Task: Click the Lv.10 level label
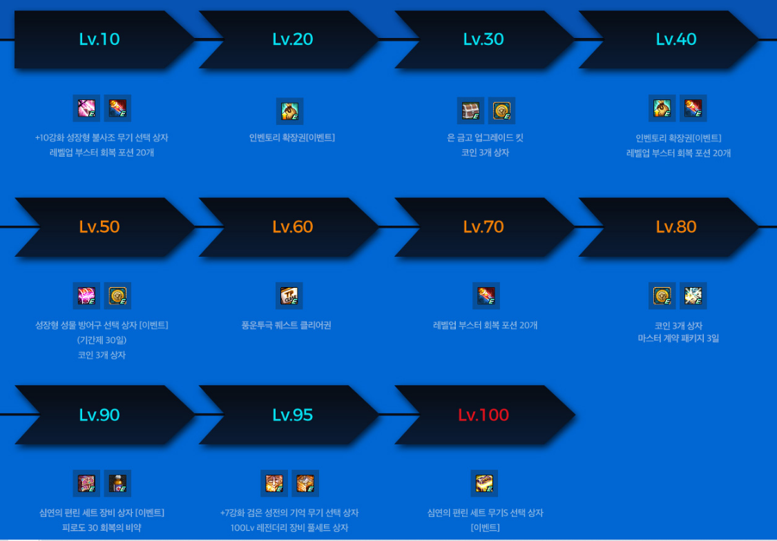tap(99, 39)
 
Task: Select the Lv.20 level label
tap(293, 39)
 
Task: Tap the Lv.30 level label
tap(483, 39)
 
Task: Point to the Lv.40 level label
tap(676, 39)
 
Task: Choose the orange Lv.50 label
tap(99, 227)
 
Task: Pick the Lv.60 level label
tap(293, 227)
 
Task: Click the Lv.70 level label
tap(483, 227)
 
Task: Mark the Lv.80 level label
tap(676, 227)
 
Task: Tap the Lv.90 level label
tap(99, 415)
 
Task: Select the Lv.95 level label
tap(293, 415)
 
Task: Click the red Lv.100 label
tap(483, 415)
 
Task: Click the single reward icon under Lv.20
tap(289, 110)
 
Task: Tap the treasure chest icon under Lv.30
tap(471, 110)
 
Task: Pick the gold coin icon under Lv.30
tap(501, 110)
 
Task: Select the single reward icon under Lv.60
tap(289, 295)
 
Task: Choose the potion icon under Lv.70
tap(486, 295)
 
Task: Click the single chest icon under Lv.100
tap(484, 483)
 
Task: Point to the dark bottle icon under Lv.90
tap(117, 483)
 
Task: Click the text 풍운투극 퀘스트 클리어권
tap(287, 325)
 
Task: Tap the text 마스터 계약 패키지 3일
tap(678, 339)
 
